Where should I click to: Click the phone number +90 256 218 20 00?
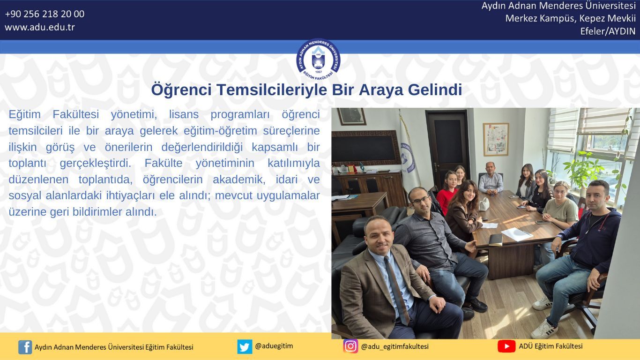pyautogui.click(x=45, y=14)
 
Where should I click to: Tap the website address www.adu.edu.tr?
pyautogui.click(x=40, y=27)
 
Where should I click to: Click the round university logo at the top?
pyautogui.click(x=318, y=60)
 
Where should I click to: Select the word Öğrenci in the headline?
pyautogui.click(x=181, y=90)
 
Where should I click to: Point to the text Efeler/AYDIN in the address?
pyautogui.click(x=608, y=31)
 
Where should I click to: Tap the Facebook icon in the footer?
pyautogui.click(x=25, y=347)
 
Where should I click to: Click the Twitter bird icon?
pyautogui.click(x=245, y=346)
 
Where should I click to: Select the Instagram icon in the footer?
pyautogui.click(x=350, y=346)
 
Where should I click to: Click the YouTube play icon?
pyautogui.click(x=506, y=346)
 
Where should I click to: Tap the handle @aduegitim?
pyautogui.click(x=274, y=346)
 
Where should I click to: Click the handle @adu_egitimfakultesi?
pyautogui.click(x=395, y=346)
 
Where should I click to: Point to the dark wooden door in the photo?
pyautogui.click(x=447, y=146)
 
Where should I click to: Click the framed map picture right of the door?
pyautogui.click(x=496, y=139)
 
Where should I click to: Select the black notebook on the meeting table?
pyautogui.click(x=496, y=240)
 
